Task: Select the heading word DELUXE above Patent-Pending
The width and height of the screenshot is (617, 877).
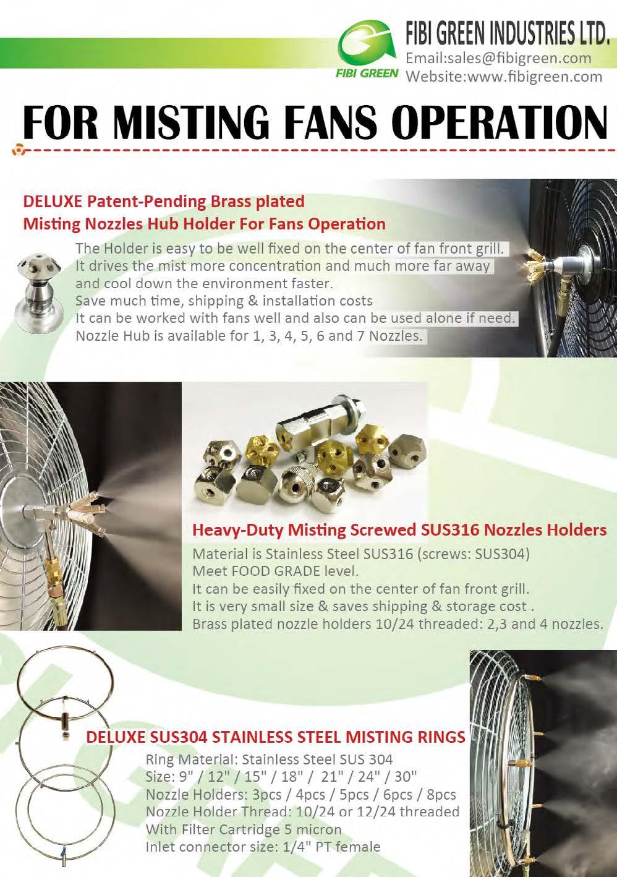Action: (51, 202)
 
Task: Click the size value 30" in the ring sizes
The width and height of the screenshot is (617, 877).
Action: (405, 776)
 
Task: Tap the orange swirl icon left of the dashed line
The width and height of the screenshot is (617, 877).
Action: (20, 149)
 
